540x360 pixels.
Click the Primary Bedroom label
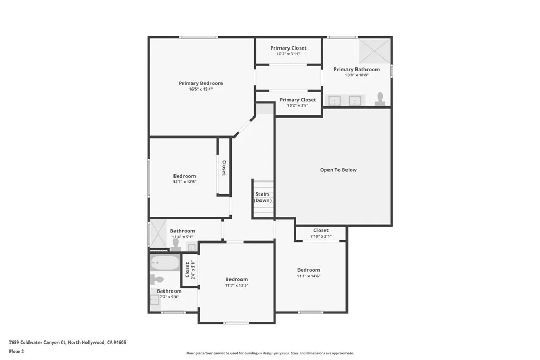click(x=201, y=83)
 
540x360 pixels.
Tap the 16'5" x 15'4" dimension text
click(x=201, y=89)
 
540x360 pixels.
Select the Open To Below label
click(x=338, y=170)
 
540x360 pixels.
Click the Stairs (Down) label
click(x=263, y=197)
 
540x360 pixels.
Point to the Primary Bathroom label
click(x=357, y=69)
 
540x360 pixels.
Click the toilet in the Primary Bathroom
click(x=380, y=99)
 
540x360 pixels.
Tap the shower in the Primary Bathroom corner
click(x=374, y=51)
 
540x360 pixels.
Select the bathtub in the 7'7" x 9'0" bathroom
click(x=165, y=264)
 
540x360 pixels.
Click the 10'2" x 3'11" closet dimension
click(x=288, y=54)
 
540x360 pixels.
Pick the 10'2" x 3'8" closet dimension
click(x=297, y=105)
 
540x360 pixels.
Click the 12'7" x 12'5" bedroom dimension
click(x=185, y=182)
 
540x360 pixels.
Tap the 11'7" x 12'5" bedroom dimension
click(x=237, y=285)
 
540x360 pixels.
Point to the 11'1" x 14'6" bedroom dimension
click(x=308, y=276)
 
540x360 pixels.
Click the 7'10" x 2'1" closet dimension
click(x=321, y=237)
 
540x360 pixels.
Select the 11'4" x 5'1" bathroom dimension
click(x=182, y=237)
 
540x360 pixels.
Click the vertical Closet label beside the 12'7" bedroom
click(x=224, y=168)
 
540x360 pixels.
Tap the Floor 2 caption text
click(x=16, y=352)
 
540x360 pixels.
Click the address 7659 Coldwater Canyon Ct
click(x=37, y=343)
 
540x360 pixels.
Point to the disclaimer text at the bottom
click(x=270, y=353)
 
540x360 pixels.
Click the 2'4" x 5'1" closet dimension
click(x=193, y=270)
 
